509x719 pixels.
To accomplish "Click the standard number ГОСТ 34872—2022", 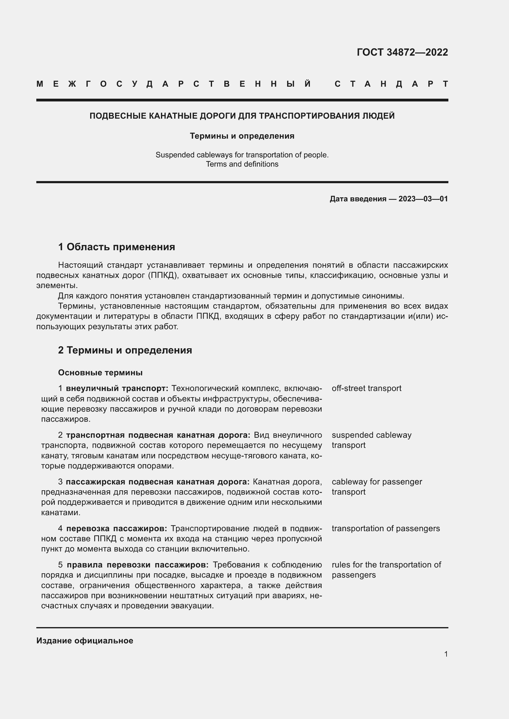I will (x=402, y=52).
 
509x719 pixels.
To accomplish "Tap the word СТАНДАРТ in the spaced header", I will (x=391, y=84).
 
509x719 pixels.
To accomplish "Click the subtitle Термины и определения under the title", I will (x=242, y=136).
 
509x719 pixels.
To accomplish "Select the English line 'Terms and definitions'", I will (x=242, y=164).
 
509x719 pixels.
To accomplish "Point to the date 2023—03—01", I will (x=423, y=199).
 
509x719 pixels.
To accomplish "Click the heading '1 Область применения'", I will (x=116, y=247).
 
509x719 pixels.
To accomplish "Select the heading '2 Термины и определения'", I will (x=125, y=350).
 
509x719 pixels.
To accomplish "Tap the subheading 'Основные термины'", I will (x=100, y=373).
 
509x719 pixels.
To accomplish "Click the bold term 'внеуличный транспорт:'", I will (x=117, y=388).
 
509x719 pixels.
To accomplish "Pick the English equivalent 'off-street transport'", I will (x=367, y=388).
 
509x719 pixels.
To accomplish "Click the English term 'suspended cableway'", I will (x=371, y=435).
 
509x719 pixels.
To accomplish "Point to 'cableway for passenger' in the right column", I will (x=377, y=482).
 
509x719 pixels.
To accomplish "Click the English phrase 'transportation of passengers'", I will (x=386, y=528).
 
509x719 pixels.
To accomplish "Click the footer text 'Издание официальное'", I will (x=85, y=641).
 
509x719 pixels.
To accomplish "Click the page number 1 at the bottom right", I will (x=446, y=654).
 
